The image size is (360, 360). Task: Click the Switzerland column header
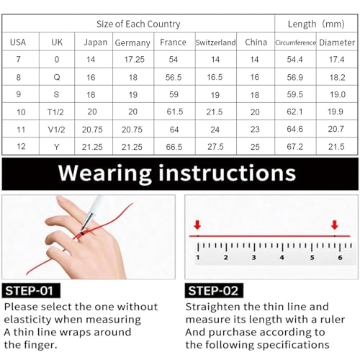point(215,42)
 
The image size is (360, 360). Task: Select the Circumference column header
point(295,42)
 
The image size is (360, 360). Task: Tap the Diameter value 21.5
point(336,147)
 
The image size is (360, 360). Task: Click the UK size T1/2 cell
point(55,112)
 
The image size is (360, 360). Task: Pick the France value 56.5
point(174,77)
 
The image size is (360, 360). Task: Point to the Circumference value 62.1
point(294,112)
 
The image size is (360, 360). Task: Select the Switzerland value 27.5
point(215,147)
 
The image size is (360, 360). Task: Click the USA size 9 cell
point(19,94)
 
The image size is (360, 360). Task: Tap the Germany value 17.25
point(134,60)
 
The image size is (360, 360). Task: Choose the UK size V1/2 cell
point(56,130)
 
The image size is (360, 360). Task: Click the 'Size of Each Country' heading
point(138,24)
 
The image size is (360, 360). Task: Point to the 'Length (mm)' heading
point(316,24)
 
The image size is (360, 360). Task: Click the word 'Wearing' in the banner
point(104,174)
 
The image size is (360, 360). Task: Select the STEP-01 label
point(30,291)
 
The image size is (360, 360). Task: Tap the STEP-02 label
point(213,291)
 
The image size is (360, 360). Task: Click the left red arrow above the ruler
point(197,225)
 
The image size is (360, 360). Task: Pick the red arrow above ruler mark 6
point(335,225)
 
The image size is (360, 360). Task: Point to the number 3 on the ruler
point(254,258)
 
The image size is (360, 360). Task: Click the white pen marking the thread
point(93,211)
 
